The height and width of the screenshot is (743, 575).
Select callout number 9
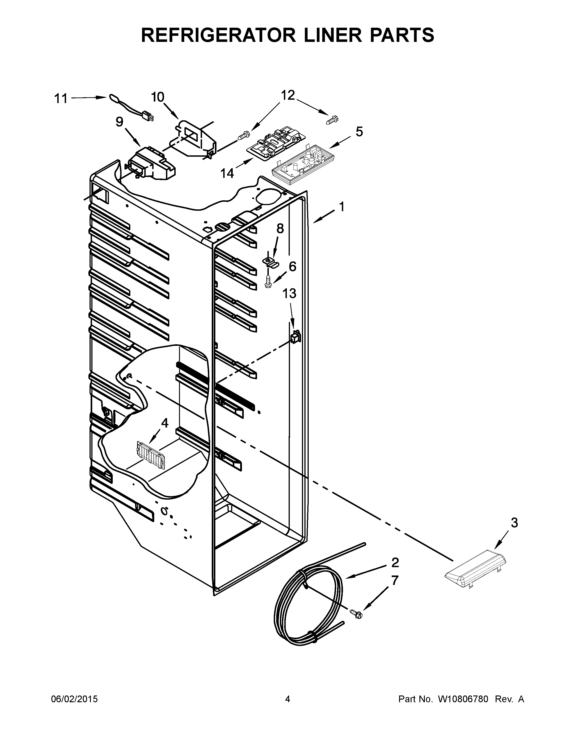[x=119, y=122]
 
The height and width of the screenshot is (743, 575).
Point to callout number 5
[x=359, y=132]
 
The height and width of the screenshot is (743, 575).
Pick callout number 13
[x=289, y=293]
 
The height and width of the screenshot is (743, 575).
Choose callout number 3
[x=514, y=523]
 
